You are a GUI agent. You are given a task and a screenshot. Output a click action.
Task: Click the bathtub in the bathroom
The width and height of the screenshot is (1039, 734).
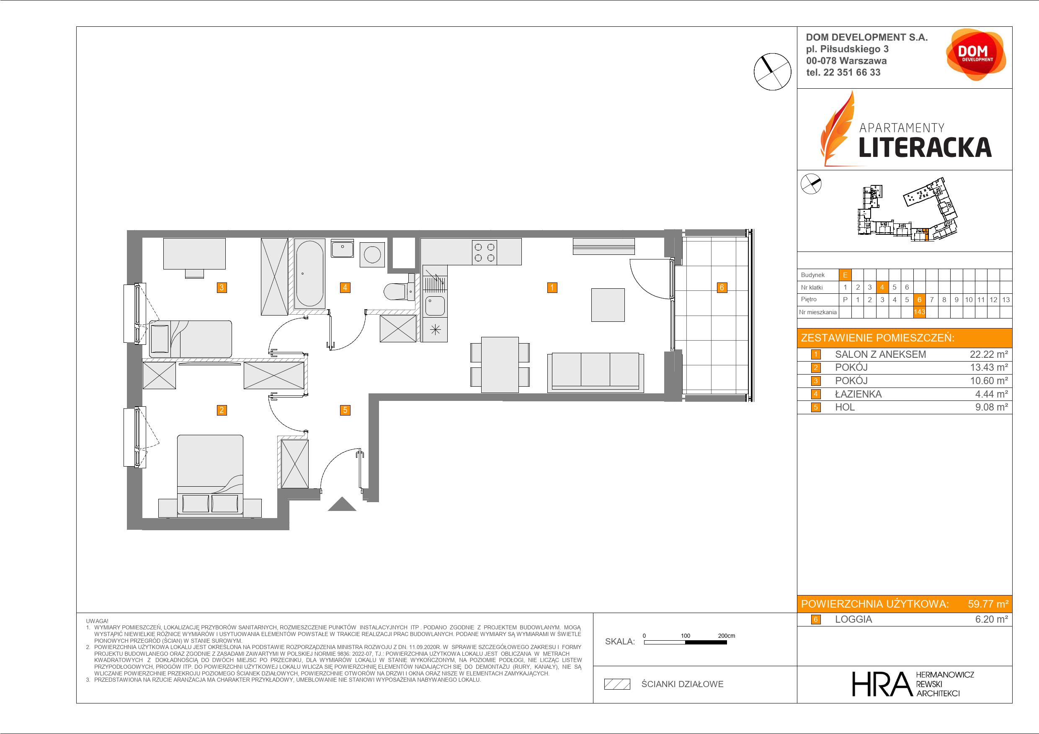pyautogui.click(x=309, y=274)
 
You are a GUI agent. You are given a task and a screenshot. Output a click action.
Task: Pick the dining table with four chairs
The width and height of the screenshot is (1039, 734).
pyautogui.click(x=500, y=364)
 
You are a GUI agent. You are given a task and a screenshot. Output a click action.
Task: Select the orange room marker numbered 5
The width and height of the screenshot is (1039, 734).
pyautogui.click(x=345, y=410)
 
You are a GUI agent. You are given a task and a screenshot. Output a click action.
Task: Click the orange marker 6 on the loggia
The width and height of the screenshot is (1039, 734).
pyautogui.click(x=722, y=287)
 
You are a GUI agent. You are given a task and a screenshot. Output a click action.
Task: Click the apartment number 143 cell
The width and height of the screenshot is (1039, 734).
pyautogui.click(x=919, y=312)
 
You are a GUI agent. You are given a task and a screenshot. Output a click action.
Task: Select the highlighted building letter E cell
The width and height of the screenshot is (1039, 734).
pyautogui.click(x=845, y=275)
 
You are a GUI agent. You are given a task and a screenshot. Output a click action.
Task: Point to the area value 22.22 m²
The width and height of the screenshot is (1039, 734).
pyautogui.click(x=989, y=354)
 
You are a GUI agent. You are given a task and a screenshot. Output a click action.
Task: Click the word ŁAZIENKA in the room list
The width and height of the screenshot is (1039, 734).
pyautogui.click(x=858, y=394)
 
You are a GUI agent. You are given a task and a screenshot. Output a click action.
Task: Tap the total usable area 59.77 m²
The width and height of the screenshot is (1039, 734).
pyautogui.click(x=988, y=604)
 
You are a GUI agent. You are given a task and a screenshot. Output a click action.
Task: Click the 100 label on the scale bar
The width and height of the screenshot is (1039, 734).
pyautogui.click(x=686, y=635)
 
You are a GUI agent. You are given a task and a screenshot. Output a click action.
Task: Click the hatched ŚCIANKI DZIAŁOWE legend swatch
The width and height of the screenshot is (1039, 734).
pyautogui.click(x=617, y=684)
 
